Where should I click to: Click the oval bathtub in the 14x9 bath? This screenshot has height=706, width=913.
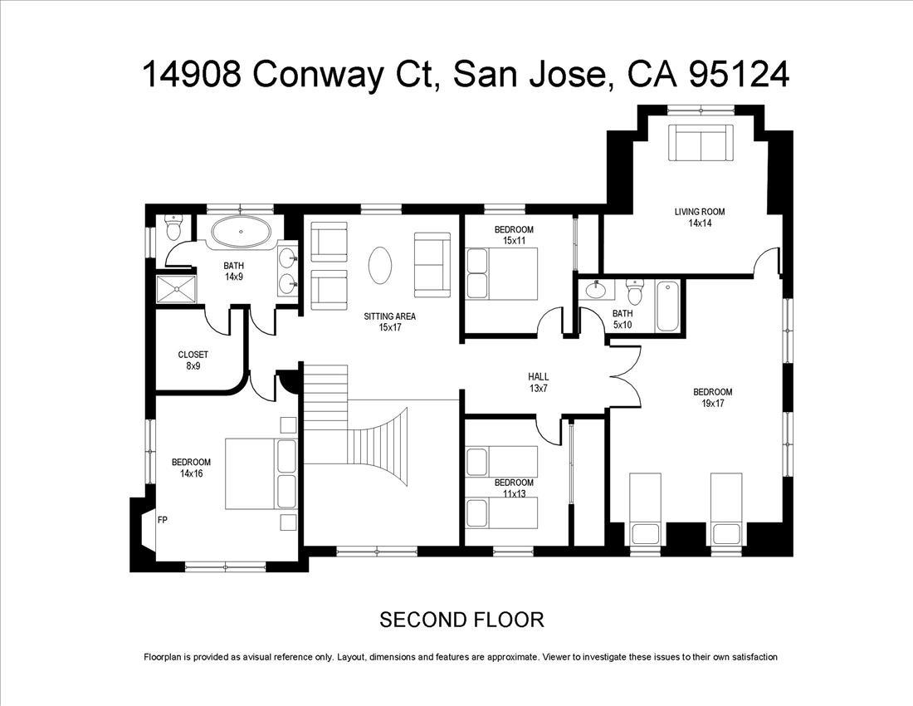tap(241, 233)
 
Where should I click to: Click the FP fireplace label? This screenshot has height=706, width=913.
tap(163, 521)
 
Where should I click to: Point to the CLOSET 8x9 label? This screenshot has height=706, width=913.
tap(193, 360)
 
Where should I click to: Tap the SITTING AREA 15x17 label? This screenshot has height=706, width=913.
tap(390, 321)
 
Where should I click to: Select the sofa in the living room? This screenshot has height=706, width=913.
tap(701, 144)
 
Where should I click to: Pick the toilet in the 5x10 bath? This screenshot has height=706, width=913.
tap(636, 292)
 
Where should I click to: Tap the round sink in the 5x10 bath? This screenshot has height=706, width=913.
tap(596, 291)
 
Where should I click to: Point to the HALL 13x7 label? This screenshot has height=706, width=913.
tap(539, 382)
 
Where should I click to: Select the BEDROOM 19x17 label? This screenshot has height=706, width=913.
tap(713, 398)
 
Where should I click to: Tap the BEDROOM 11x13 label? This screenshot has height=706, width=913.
tap(514, 488)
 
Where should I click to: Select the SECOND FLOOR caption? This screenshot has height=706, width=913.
tap(461, 620)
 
